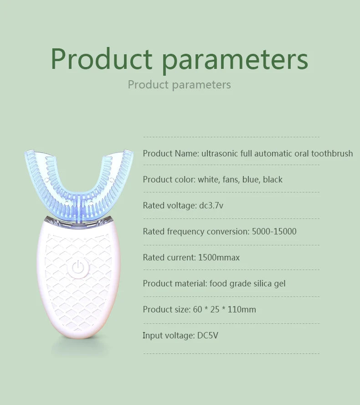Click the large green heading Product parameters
click(x=179, y=59)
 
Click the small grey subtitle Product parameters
click(x=179, y=85)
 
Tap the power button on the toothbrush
click(x=78, y=268)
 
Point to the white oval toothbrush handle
click(x=78, y=292)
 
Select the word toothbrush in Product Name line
click(x=332, y=154)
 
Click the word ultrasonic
click(x=220, y=154)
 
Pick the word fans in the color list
click(x=230, y=180)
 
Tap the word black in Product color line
click(x=273, y=180)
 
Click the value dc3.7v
click(x=211, y=206)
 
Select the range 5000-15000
click(x=274, y=232)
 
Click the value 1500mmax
click(x=219, y=258)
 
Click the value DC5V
click(x=208, y=336)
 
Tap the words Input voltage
click(x=168, y=336)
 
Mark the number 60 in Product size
click(x=197, y=310)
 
